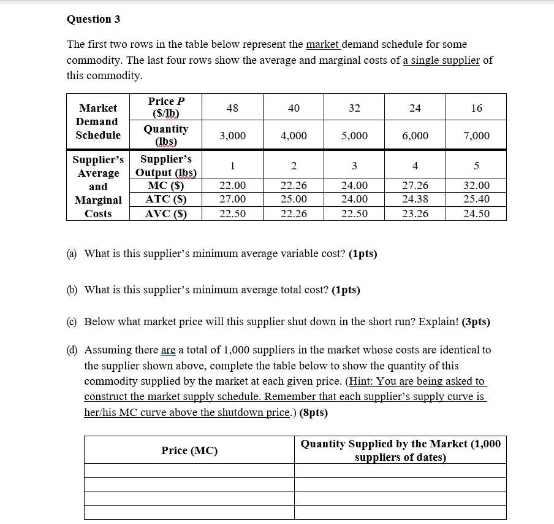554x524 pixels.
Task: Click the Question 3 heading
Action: coord(93,19)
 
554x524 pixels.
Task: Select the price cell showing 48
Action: coord(232,108)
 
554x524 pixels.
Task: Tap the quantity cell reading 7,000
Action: coord(476,136)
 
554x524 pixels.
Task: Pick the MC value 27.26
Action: coord(415,185)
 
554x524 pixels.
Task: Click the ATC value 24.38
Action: coord(415,199)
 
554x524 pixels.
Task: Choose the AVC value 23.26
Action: coord(415,214)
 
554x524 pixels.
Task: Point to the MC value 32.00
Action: coord(476,185)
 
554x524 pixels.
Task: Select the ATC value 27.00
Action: coord(232,199)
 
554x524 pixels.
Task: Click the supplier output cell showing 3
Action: coord(354,166)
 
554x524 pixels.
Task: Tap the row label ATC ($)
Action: coord(165,199)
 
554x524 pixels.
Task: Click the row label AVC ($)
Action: coord(165,214)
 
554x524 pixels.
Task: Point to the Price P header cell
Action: coord(165,107)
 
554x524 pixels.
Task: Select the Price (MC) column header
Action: coord(189,450)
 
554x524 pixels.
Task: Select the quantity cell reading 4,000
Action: coord(294,136)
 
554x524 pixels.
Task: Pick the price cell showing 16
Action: coord(476,108)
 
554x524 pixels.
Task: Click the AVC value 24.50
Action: coord(476,214)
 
